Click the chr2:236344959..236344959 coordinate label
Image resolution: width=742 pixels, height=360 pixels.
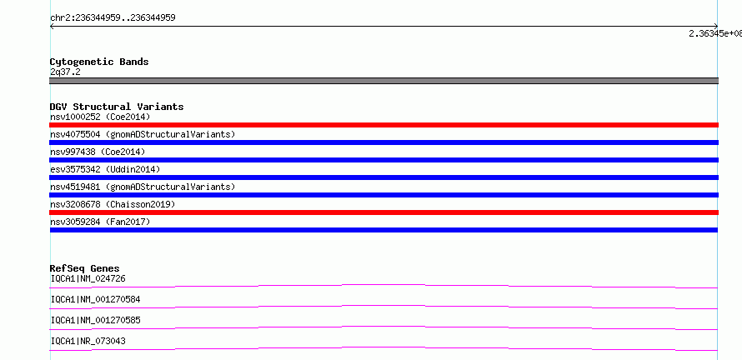click(x=113, y=18)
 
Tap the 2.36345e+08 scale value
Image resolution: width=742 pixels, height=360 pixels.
click(x=715, y=33)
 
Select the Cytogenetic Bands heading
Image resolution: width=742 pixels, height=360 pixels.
click(x=99, y=62)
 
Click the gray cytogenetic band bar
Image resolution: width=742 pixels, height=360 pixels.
click(x=384, y=81)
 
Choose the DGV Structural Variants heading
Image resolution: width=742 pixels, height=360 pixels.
click(x=117, y=107)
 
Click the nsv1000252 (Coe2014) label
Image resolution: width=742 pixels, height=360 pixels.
click(x=100, y=117)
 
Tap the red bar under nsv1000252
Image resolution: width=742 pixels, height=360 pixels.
click(x=384, y=125)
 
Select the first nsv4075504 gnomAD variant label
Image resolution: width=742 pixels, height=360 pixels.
click(x=143, y=134)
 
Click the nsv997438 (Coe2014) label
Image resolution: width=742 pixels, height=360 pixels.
click(x=98, y=152)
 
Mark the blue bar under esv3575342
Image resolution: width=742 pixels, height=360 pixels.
click(x=384, y=177)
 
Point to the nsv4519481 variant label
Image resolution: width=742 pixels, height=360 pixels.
click(x=143, y=187)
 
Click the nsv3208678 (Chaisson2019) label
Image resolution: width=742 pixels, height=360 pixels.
click(x=113, y=204)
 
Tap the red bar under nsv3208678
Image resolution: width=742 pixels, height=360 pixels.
click(x=384, y=212)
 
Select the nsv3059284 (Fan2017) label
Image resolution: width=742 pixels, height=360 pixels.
click(x=100, y=222)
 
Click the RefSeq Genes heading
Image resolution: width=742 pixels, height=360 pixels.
click(x=85, y=268)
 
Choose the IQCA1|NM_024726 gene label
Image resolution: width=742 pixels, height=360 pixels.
click(x=88, y=278)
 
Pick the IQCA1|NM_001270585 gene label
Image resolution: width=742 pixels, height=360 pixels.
click(x=95, y=320)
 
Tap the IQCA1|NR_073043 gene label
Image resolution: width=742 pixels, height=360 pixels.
click(x=88, y=341)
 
